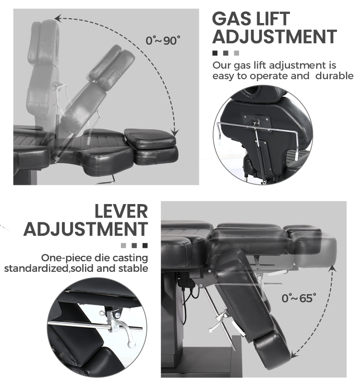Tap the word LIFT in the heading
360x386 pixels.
tap(274, 19)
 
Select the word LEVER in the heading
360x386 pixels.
tap(121, 211)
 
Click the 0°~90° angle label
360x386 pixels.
tap(163, 40)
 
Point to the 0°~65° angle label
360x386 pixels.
tap(299, 298)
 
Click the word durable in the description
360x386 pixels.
tap(335, 75)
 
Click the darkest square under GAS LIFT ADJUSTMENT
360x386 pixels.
tap(215, 53)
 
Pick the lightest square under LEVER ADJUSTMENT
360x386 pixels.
tap(123, 245)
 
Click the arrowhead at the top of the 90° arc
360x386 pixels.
tap(58, 18)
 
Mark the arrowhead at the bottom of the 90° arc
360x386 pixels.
tap(175, 133)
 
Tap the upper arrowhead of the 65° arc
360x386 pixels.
tap(332, 269)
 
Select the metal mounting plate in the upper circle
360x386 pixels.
tap(256, 122)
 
